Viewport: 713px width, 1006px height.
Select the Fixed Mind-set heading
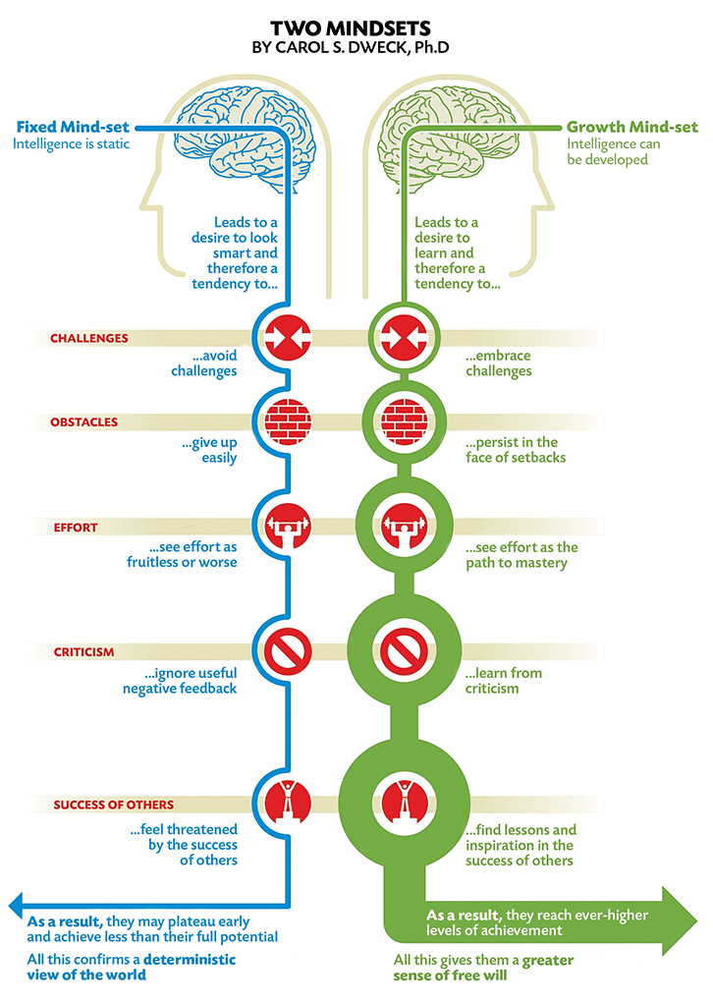[73, 128]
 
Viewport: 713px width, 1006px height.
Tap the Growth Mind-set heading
[631, 128]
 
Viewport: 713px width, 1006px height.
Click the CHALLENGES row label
[89, 338]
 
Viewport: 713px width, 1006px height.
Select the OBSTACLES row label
[84, 422]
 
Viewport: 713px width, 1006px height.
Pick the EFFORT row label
[76, 528]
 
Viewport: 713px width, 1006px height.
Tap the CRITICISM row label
[84, 651]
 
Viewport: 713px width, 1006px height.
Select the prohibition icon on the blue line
[286, 650]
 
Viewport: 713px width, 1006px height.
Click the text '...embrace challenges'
[498, 363]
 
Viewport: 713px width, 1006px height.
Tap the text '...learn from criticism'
[504, 681]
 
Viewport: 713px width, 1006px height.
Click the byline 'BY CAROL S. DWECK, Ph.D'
[356, 46]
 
